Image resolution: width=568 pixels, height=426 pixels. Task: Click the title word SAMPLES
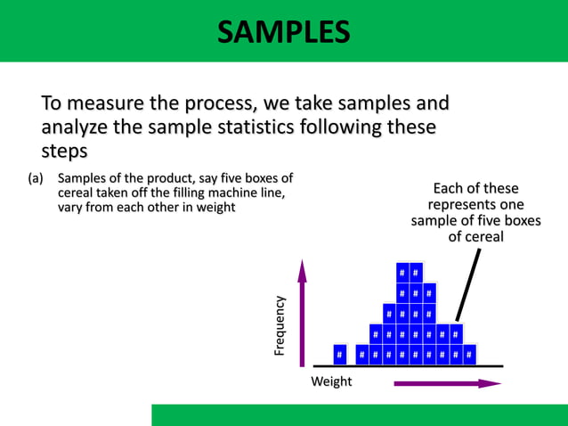pos(283,33)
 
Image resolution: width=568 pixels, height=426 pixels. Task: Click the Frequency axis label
pos(280,326)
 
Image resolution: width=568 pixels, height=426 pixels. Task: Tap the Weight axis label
pos(331,381)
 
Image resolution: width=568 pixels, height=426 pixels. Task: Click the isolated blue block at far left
pos(340,355)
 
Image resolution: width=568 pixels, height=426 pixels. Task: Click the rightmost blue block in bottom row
pos(469,355)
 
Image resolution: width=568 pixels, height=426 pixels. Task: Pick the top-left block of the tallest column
pos(402,270)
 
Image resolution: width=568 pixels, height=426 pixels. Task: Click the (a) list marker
pos(36,177)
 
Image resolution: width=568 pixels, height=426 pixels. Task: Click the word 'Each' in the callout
pos(450,188)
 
